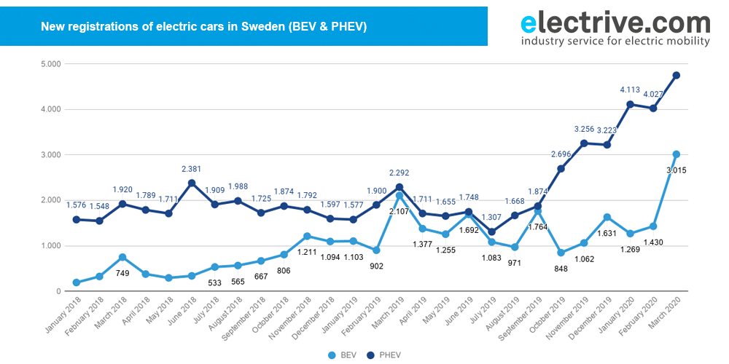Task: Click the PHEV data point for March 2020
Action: [x=677, y=75]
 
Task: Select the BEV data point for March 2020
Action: [x=677, y=154]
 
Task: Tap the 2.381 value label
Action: [x=192, y=169]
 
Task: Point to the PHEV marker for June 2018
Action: [x=192, y=183]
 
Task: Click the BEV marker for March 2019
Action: [x=399, y=195]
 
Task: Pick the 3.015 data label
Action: [x=677, y=170]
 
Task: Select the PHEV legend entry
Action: [x=385, y=355]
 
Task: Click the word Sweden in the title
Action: [x=260, y=27]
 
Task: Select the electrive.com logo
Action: [x=615, y=28]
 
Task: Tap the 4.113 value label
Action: [x=630, y=90]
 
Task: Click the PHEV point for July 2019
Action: [x=491, y=232]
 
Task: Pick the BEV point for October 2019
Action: [x=561, y=253]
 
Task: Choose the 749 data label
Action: [x=122, y=273]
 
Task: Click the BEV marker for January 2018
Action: [x=77, y=282]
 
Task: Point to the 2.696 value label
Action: [x=561, y=154]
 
